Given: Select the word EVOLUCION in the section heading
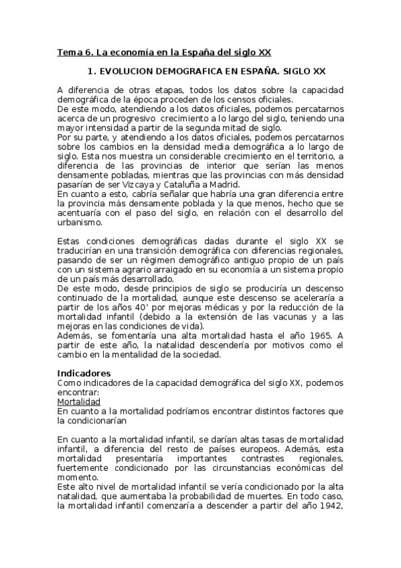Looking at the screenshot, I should [x=129, y=70].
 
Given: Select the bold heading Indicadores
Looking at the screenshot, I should [x=84, y=372].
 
